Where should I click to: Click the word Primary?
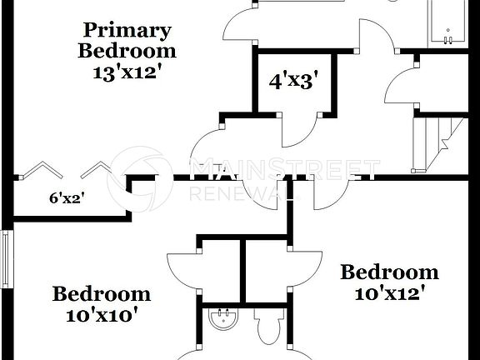127,32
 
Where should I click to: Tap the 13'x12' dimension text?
127,72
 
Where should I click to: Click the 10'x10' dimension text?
102,315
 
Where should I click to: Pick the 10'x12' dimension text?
390,293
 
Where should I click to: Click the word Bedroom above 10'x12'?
390,272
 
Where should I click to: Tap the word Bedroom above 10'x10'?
102,294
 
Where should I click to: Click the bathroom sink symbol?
222,320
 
